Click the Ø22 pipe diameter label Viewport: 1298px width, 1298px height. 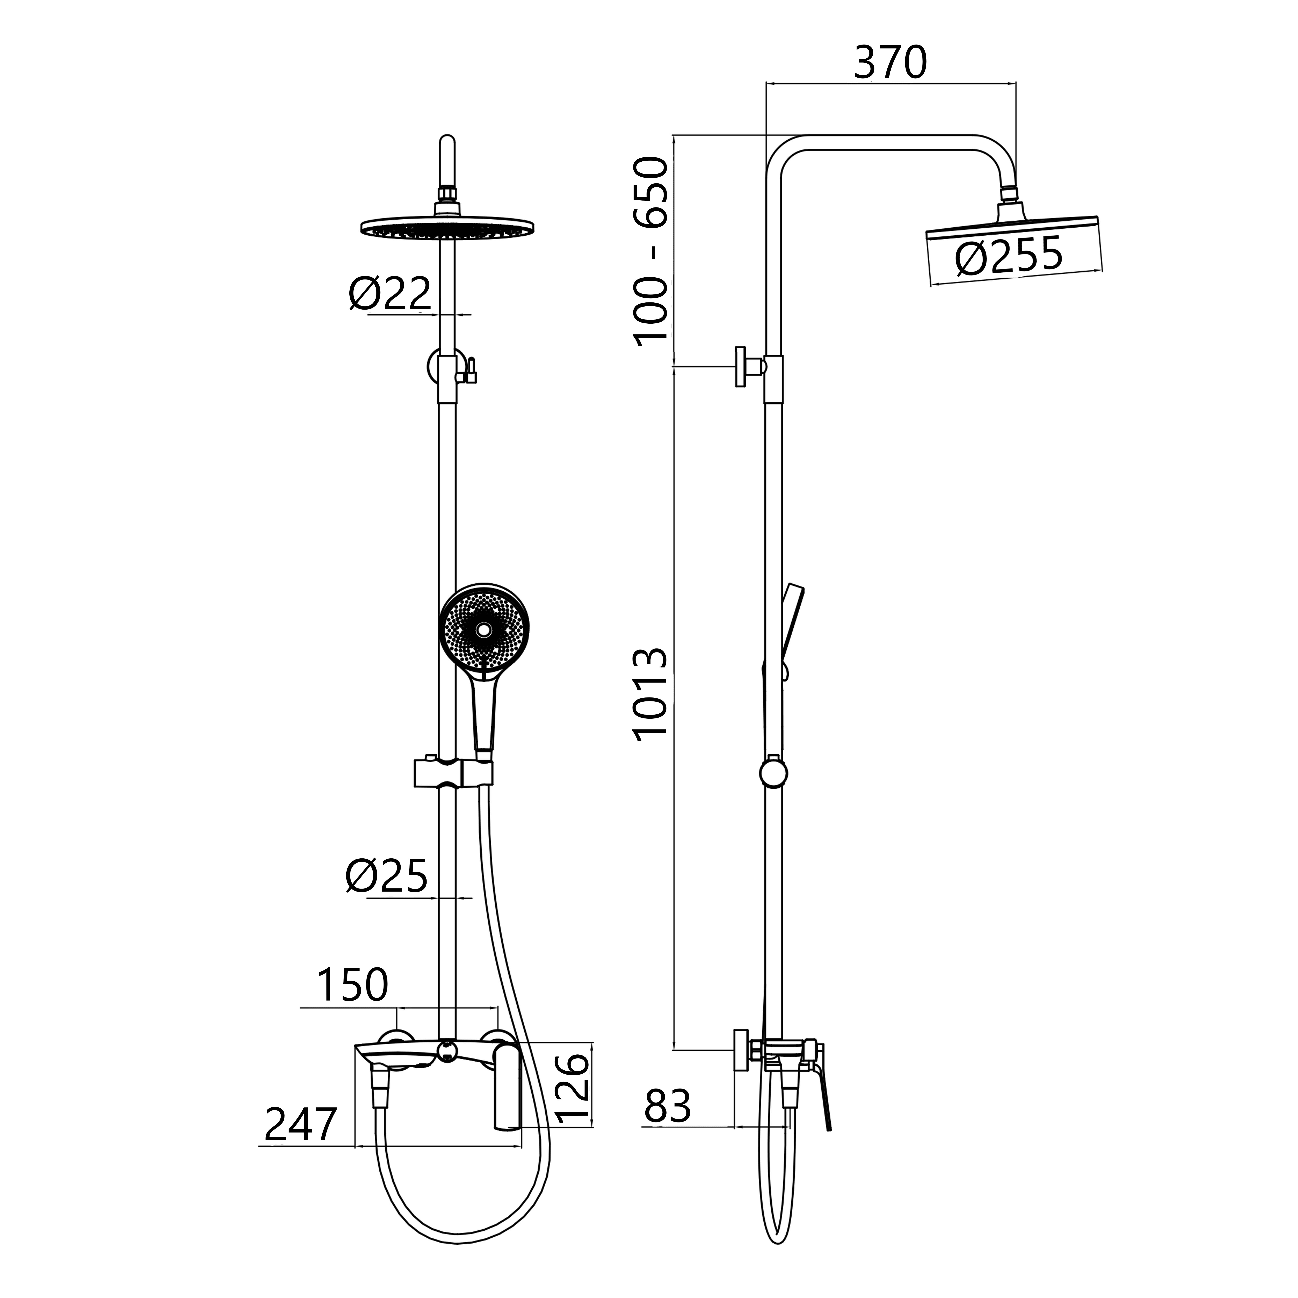point(390,294)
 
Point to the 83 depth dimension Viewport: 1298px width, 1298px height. point(667,1106)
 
